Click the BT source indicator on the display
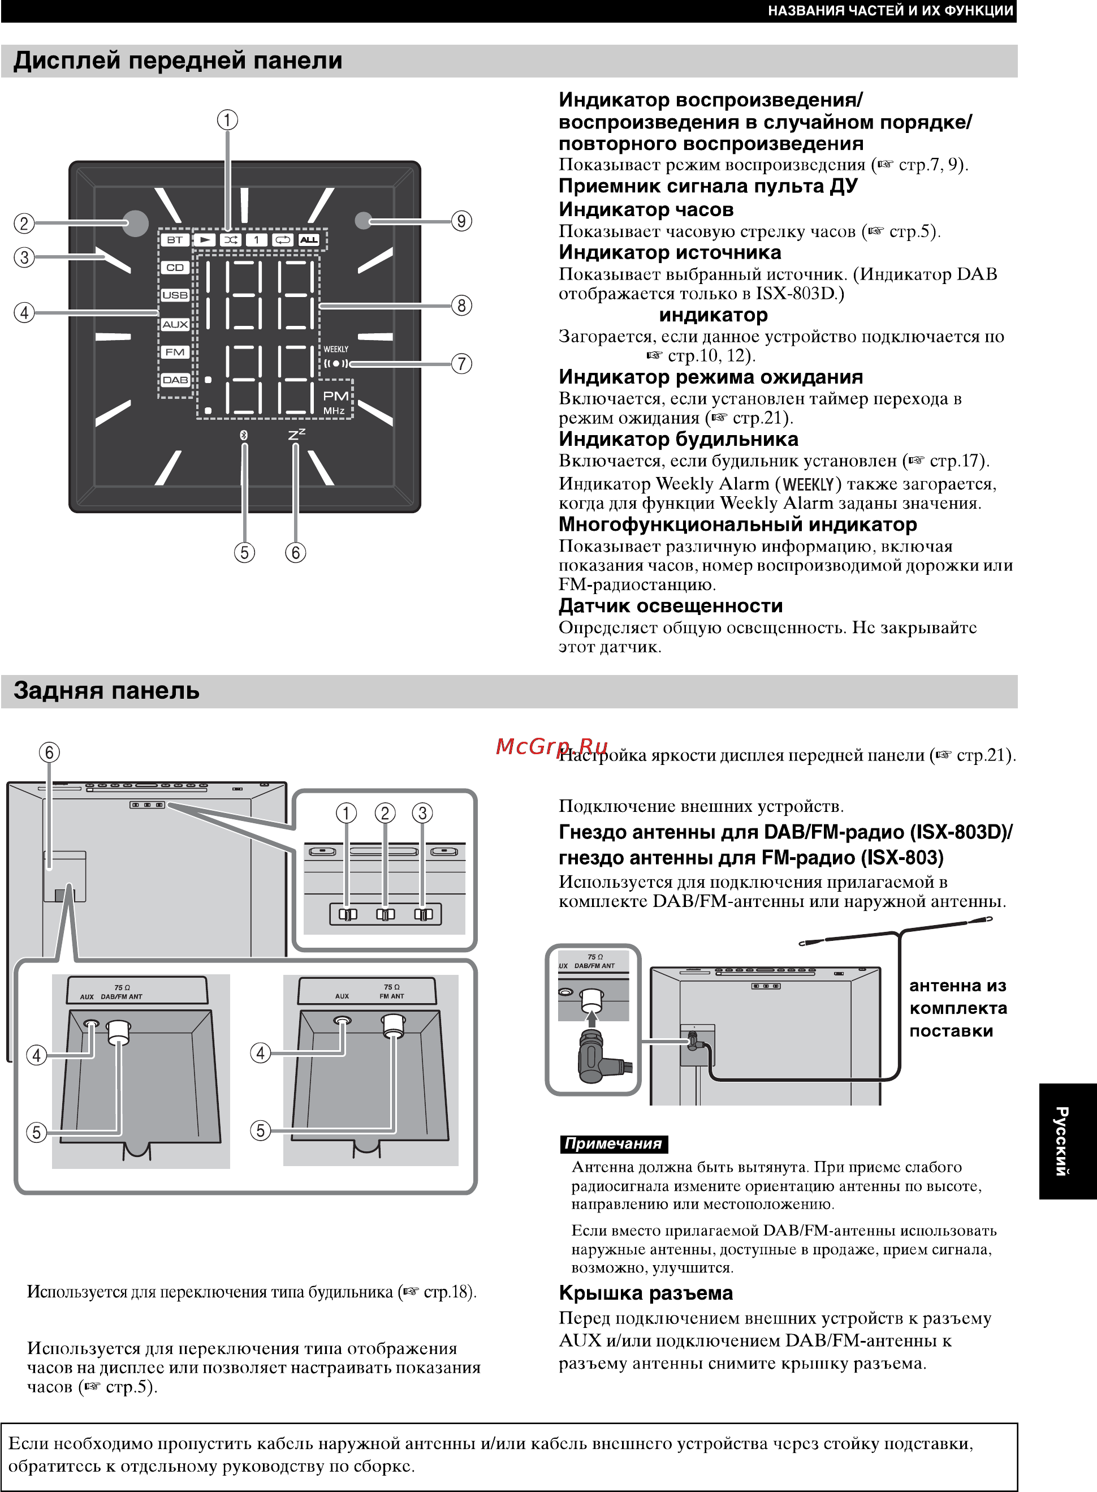pos(175,240)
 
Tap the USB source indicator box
pos(175,295)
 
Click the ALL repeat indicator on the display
pos(309,240)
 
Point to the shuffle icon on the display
pos(230,240)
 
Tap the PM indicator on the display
pos(336,396)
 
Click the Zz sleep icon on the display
pos(297,435)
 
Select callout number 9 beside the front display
pos(461,221)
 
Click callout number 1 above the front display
pos(228,121)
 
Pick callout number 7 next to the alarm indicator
pos(461,364)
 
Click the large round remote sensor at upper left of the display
pos(136,223)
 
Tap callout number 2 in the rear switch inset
pos(385,813)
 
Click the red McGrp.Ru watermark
pos(551,747)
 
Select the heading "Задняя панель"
pos(106,691)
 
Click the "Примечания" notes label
pos(613,1144)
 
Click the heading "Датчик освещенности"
pos(671,606)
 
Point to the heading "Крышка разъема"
pos(645,1293)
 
